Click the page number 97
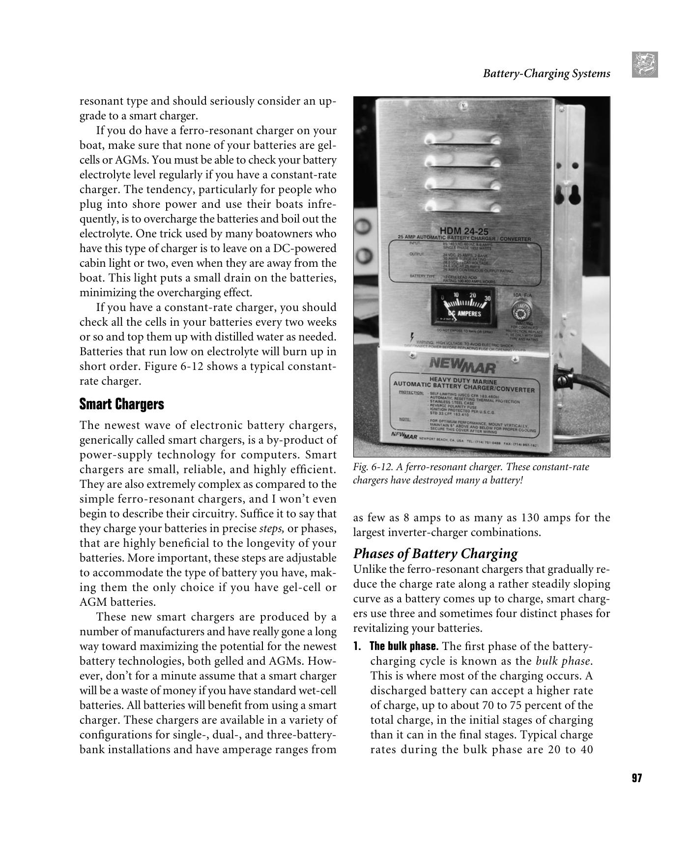point(636,778)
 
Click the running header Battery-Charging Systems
point(546,74)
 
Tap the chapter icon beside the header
point(645,64)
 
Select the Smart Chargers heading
point(121,404)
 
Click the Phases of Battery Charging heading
point(435,554)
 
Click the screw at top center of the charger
point(460,105)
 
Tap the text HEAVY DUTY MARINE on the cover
point(463,381)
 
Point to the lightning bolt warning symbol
point(411,337)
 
